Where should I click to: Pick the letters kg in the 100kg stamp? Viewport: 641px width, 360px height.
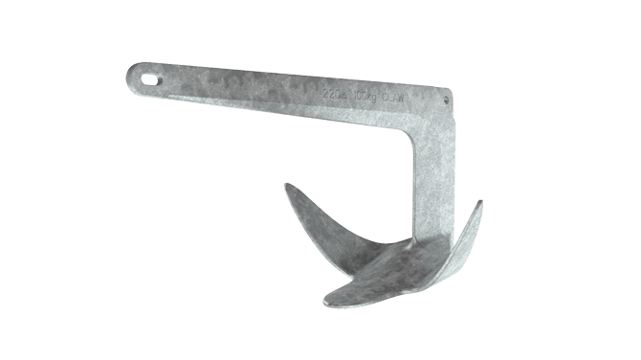[x=376, y=97]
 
